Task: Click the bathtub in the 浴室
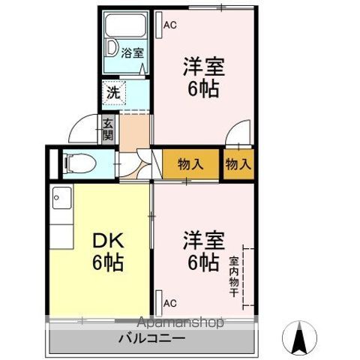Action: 125,25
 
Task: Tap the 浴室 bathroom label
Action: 132,53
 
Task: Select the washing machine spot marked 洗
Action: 113,93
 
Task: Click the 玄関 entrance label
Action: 108,129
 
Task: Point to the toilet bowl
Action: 79,163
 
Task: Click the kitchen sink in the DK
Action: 62,198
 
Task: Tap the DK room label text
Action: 108,241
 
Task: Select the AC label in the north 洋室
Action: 170,25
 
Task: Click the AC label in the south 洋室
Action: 170,303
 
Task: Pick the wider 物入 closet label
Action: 190,164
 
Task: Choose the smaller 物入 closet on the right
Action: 238,164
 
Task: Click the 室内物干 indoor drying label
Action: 234,277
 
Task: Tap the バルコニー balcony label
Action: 152,338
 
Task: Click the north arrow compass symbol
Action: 299,337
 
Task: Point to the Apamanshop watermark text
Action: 180,322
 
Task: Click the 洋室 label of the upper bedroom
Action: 204,66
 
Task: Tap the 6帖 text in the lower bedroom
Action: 204,262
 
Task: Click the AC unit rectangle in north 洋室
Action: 159,25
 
